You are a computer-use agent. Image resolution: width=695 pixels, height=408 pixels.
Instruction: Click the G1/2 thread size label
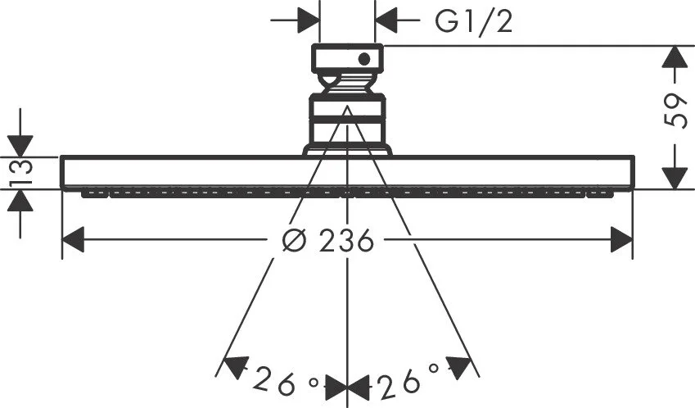point(473,21)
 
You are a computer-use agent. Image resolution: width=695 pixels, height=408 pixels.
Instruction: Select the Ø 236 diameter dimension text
point(327,241)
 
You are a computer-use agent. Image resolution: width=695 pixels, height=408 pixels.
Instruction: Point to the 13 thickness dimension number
point(21,171)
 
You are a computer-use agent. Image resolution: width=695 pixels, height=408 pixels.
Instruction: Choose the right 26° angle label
point(409,380)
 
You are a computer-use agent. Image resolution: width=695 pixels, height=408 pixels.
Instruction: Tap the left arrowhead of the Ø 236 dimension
point(74,241)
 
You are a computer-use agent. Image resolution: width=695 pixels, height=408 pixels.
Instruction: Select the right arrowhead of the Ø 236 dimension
point(621,241)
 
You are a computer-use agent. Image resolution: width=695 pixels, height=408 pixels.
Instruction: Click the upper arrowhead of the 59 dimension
point(674,57)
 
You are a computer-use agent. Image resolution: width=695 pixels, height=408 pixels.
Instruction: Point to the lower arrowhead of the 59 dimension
point(674,177)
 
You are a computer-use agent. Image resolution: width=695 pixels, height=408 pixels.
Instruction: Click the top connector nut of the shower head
point(346,59)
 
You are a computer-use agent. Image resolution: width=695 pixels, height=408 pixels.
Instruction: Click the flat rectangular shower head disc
point(347,172)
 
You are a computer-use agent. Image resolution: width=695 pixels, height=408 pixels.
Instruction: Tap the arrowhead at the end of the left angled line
point(235,368)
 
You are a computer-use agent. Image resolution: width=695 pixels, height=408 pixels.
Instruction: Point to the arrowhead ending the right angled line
point(460,368)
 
